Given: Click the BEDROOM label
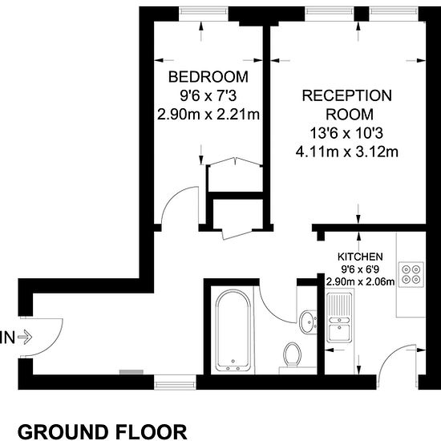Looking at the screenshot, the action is pos(208,77).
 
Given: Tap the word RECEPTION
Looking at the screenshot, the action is pos(346,95).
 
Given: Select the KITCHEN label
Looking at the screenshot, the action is pos(360,257).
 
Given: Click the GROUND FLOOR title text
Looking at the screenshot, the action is pos(103,431).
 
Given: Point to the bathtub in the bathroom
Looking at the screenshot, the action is pos(233,330).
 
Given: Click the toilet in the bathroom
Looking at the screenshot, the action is pos(292,355).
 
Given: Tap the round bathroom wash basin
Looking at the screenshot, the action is pos(308,322).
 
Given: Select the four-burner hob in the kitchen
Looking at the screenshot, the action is pos(411,274).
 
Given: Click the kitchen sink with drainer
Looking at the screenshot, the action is pos(339,318).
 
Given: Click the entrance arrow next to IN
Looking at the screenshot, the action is pos(25,337).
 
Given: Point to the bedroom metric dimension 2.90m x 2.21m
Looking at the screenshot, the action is pos(208,115).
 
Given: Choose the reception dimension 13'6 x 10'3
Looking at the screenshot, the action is pos(346,133).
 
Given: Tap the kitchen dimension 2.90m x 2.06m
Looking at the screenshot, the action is pos(360,281).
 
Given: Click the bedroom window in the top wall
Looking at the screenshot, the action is pos(204,11).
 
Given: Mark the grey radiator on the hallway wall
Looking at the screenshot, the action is pos(131,372).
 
